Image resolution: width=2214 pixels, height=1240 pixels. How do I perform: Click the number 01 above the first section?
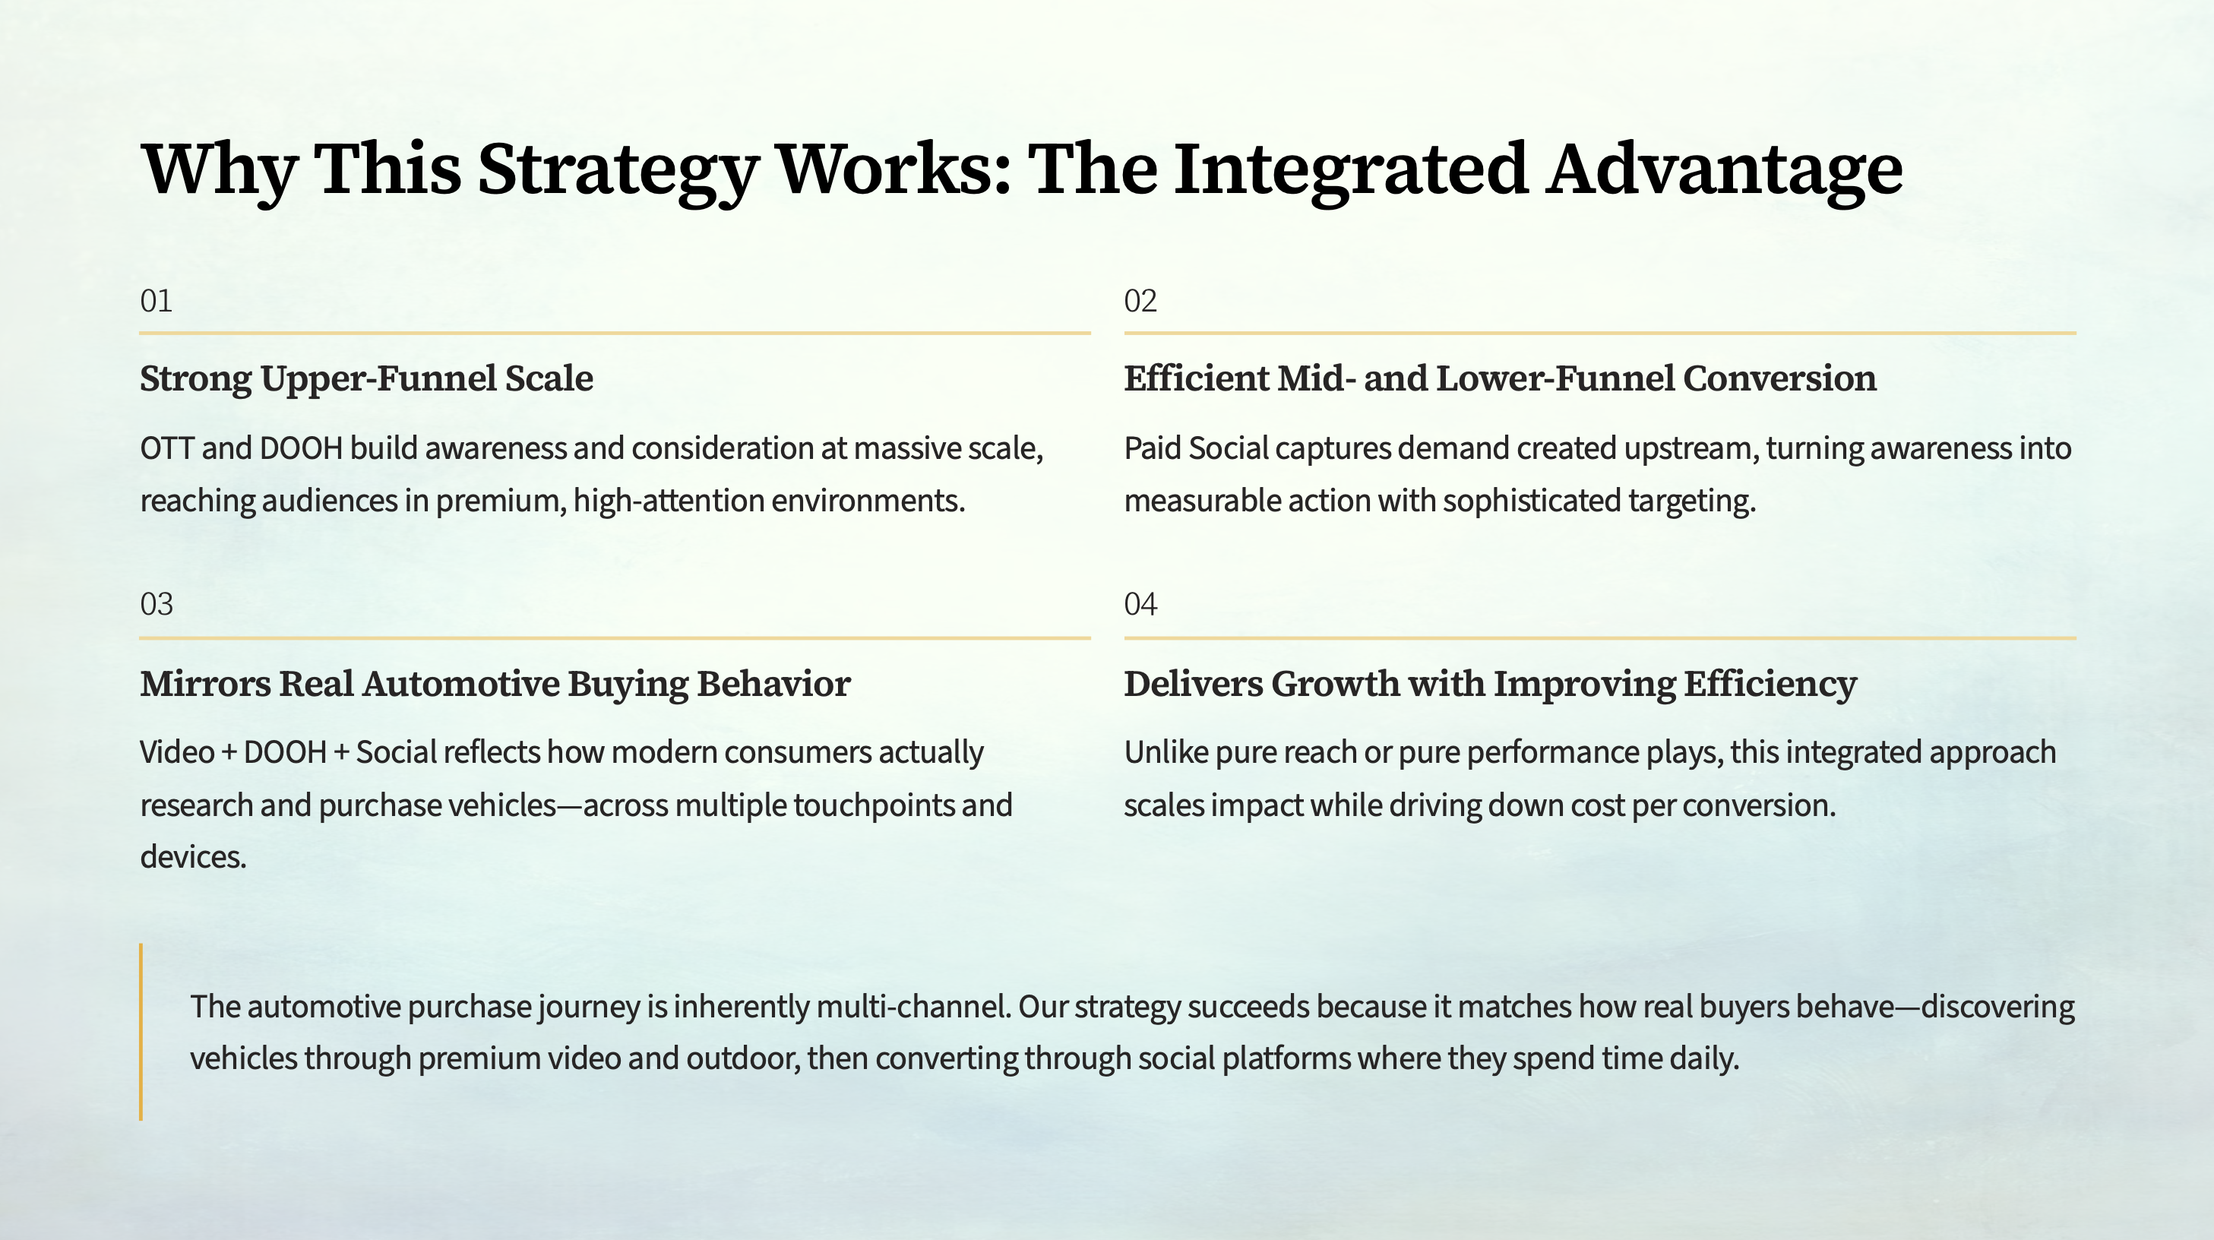tap(157, 302)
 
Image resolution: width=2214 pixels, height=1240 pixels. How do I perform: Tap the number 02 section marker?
tap(1140, 302)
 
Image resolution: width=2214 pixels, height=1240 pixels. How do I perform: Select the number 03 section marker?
tap(157, 604)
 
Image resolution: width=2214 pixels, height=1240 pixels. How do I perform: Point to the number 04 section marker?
tap(1140, 604)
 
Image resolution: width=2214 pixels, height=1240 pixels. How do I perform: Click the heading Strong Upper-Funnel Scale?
tap(367, 379)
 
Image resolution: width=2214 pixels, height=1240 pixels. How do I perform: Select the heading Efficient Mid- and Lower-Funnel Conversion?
tap(1500, 379)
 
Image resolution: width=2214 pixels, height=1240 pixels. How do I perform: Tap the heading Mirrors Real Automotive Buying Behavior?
tap(495, 684)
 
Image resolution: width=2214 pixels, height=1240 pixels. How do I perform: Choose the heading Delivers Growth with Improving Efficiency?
tap(1491, 684)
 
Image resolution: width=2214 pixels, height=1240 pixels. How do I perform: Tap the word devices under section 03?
tap(194, 857)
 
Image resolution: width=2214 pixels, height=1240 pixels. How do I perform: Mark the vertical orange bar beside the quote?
tap(141, 1031)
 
